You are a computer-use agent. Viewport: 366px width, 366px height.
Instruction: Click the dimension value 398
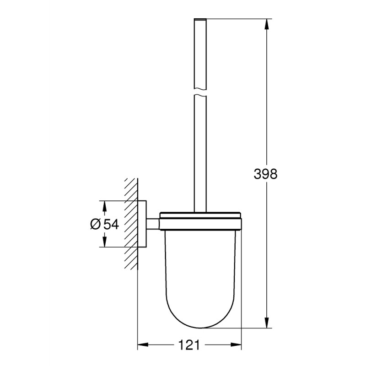tap(265, 174)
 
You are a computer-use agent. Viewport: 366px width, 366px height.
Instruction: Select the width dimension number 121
tap(189, 344)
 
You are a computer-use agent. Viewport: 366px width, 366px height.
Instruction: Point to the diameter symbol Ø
tap(96, 224)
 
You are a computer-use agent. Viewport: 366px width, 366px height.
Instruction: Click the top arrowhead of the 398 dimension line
tap(266, 23)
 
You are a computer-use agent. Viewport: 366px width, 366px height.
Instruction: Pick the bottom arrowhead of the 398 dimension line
tap(266, 324)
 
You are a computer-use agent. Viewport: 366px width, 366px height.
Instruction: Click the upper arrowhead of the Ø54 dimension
tap(105, 205)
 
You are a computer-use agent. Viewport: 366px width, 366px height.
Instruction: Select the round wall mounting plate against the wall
tap(142, 224)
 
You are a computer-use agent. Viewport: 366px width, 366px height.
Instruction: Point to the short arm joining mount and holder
tap(153, 224)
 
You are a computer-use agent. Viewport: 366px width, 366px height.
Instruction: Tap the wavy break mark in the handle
tap(200, 94)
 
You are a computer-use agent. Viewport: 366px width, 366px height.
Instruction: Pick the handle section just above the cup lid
tap(200, 192)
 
